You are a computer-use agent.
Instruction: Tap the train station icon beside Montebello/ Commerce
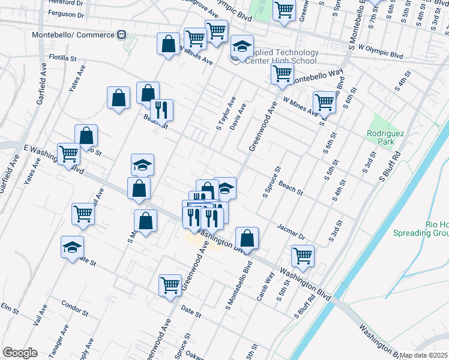[122, 35]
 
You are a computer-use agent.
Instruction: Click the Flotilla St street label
[63, 59]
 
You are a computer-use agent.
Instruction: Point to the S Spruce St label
[272, 182]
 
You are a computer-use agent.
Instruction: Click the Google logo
[19, 353]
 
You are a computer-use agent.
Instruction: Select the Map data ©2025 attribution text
[424, 355]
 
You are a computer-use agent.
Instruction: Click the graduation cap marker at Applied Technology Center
[243, 47]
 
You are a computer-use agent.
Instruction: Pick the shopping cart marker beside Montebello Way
[282, 74]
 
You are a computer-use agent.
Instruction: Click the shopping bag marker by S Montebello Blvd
[247, 238]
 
